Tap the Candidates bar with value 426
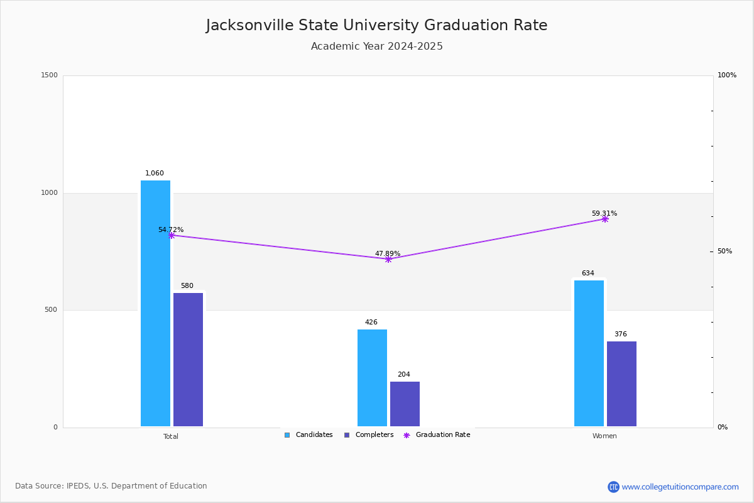[372, 378]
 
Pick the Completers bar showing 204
[405, 404]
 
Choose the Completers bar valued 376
[621, 384]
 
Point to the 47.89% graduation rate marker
[388, 259]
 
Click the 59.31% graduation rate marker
[605, 219]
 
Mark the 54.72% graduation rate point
[171, 235]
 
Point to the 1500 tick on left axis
[50, 75]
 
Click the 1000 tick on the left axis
[50, 193]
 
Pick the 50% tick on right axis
[724, 251]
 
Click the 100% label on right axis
[727, 75]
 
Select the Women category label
[604, 436]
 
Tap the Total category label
[171, 436]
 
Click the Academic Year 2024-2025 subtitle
[377, 47]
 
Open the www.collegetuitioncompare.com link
[680, 487]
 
